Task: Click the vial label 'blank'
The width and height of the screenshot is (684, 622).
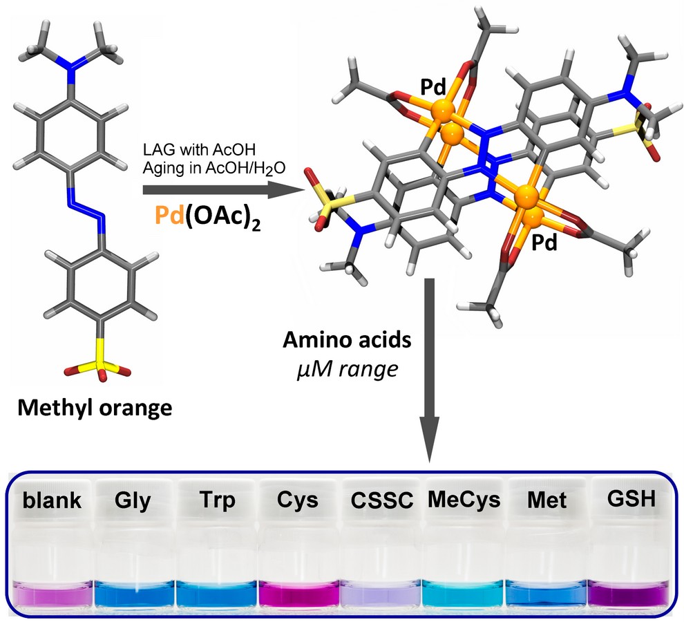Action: (x=51, y=500)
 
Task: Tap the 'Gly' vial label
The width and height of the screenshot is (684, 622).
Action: (x=133, y=500)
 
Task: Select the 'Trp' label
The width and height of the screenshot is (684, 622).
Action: (x=216, y=500)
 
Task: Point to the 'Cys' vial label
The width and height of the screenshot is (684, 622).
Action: (x=298, y=500)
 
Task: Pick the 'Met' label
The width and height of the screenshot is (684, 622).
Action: (x=544, y=500)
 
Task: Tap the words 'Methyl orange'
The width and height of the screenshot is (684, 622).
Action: (x=93, y=407)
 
